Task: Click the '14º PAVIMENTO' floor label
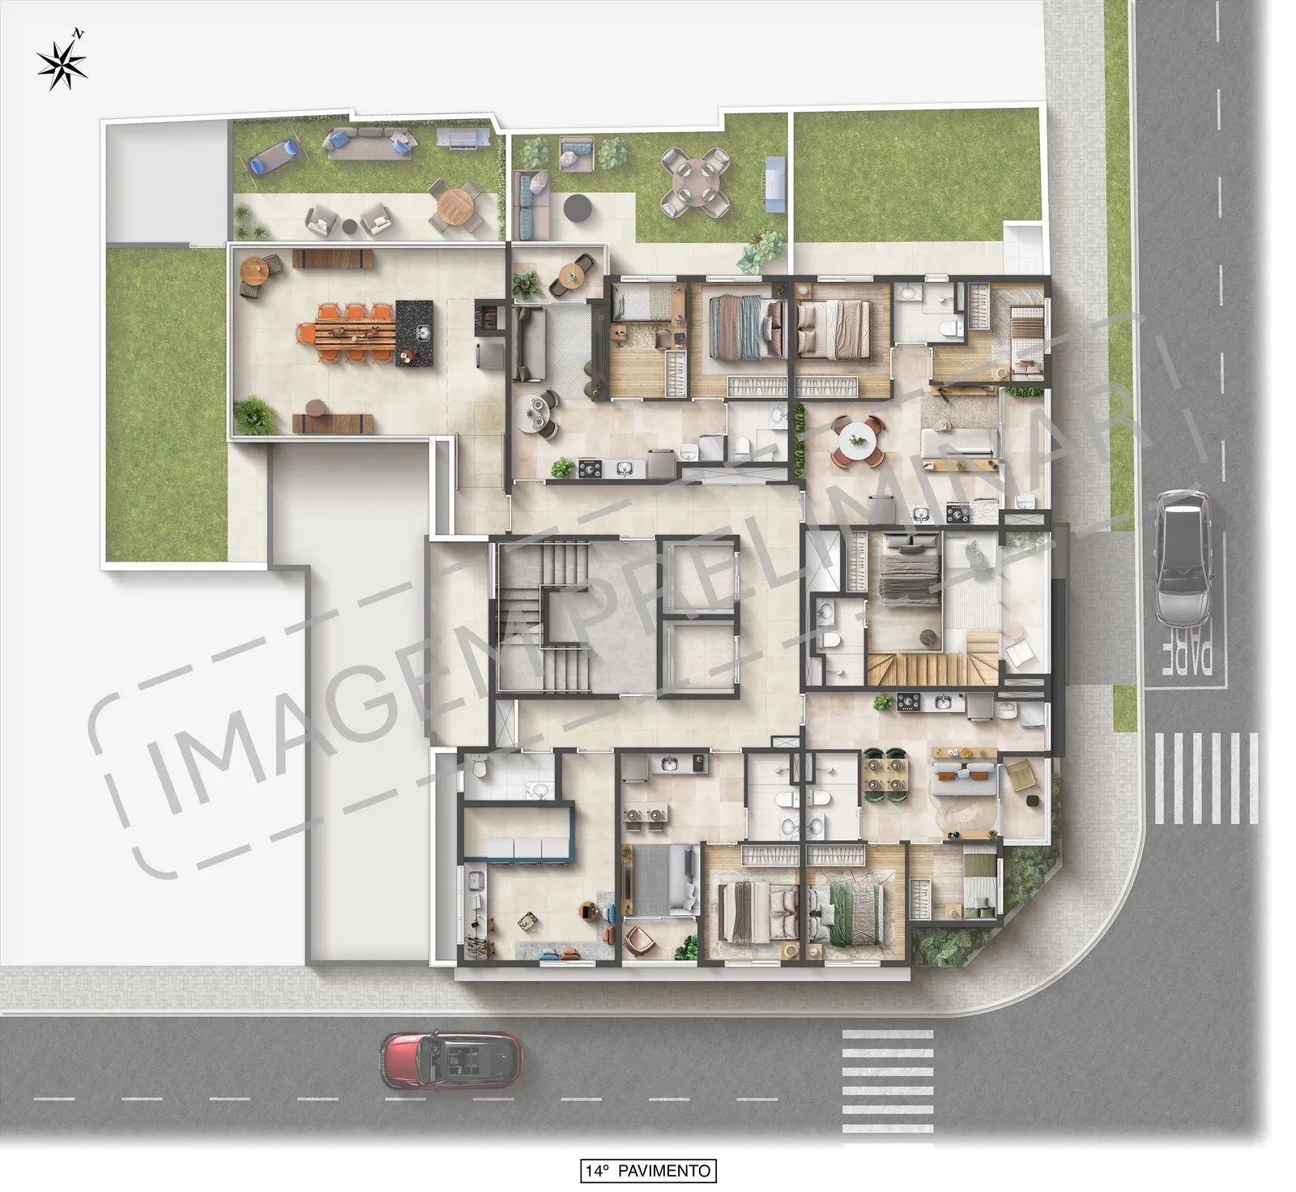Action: [648, 1170]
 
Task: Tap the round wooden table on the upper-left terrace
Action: [454, 205]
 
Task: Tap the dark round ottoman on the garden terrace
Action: [578, 207]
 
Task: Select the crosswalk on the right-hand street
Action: [1205, 779]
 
